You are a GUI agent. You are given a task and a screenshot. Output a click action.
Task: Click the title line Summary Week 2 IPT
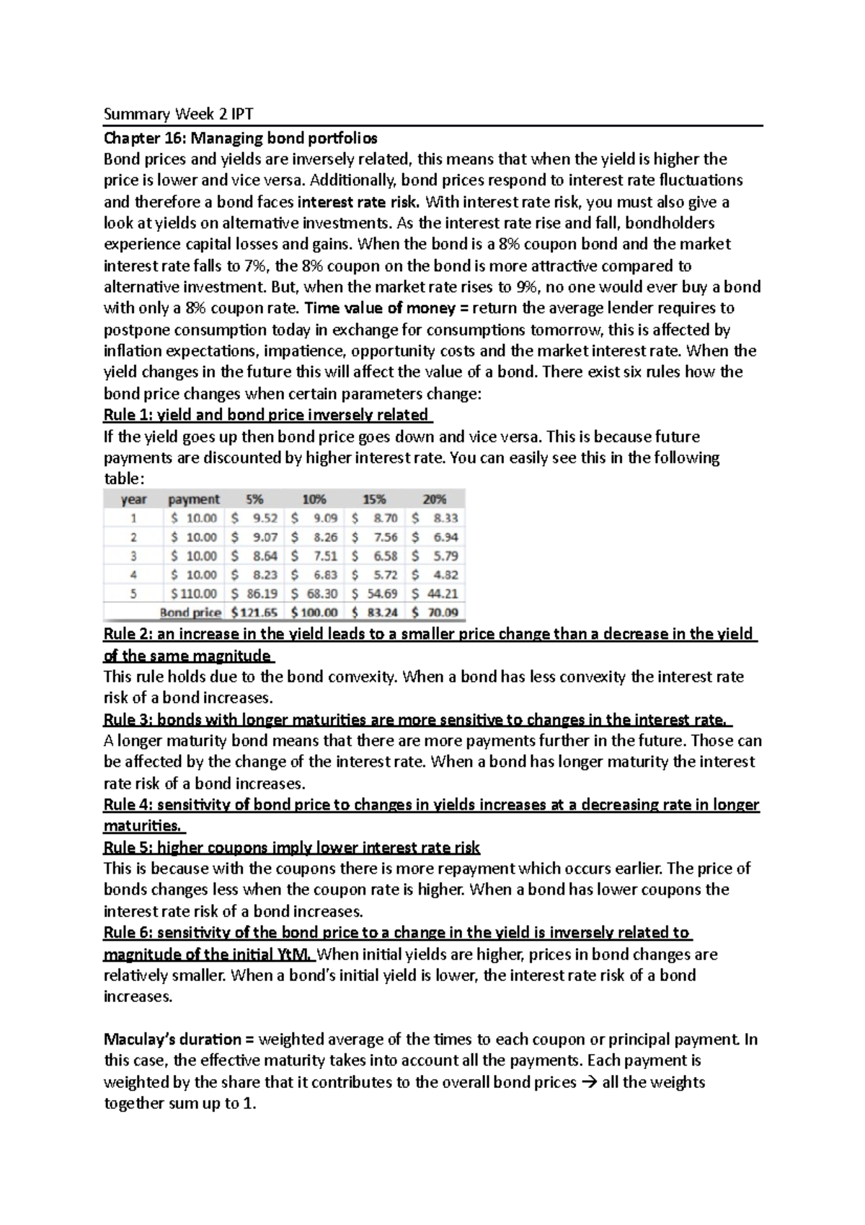179,114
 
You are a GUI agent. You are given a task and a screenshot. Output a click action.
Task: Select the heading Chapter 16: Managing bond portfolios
240,137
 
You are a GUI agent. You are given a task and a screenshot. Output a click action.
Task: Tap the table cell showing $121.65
257,612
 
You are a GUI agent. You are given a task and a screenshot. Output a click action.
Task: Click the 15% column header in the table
374,499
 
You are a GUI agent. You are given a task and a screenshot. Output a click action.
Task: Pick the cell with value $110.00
193,594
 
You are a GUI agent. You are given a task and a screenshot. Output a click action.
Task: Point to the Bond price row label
190,612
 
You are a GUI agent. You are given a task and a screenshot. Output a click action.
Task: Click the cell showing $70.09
435,612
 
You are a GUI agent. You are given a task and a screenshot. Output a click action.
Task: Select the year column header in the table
133,499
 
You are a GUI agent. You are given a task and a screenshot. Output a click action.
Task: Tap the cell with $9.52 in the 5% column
257,518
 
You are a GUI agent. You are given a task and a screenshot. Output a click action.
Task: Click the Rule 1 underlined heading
266,415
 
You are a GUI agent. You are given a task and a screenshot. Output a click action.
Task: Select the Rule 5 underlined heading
291,847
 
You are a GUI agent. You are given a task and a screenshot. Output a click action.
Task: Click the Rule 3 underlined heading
417,719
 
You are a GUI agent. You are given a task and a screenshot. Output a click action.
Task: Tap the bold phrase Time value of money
379,308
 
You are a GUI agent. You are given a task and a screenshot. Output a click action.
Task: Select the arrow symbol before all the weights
589,1082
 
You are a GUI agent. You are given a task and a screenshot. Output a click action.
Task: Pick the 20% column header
435,499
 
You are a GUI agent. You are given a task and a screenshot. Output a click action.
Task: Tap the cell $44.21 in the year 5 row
435,594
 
